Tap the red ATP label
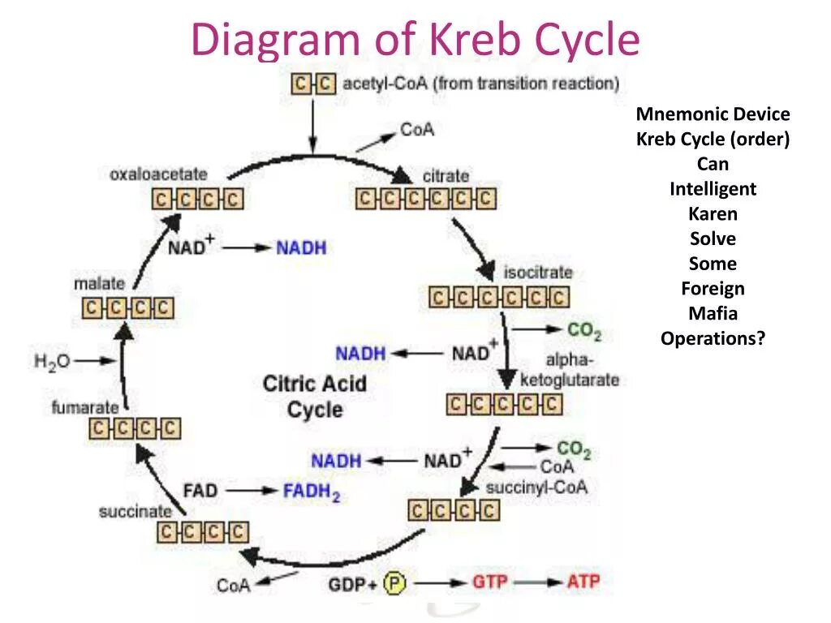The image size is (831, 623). click(583, 582)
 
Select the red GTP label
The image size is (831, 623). click(490, 582)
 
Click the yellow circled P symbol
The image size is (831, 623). click(394, 582)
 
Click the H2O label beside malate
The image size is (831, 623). click(52, 360)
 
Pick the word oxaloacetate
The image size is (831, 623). click(158, 174)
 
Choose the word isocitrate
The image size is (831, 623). click(537, 273)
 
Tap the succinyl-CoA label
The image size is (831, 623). click(536, 487)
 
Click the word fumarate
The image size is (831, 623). click(85, 407)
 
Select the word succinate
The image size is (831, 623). click(136, 511)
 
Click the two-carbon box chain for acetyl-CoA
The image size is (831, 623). click(313, 84)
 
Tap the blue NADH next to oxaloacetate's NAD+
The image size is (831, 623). click(301, 247)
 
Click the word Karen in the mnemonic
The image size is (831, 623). click(713, 214)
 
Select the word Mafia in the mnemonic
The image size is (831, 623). click(713, 313)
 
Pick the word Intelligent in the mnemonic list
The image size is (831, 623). click(713, 189)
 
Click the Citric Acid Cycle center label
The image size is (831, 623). click(315, 396)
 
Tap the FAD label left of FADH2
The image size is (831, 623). click(200, 491)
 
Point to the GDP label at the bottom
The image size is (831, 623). click(346, 584)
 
